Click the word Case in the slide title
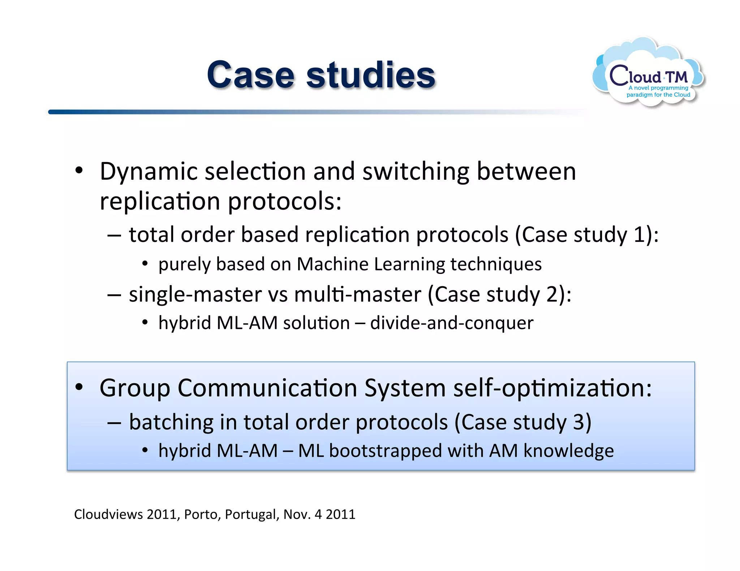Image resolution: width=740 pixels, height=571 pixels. (250, 75)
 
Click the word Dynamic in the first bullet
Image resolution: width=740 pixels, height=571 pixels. (149, 171)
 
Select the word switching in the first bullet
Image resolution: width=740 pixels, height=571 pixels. (416, 171)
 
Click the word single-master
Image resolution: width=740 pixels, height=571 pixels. (195, 294)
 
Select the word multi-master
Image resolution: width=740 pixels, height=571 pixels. (358, 294)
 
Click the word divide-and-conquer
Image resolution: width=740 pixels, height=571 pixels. (452, 323)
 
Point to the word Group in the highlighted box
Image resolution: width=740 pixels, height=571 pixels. (135, 389)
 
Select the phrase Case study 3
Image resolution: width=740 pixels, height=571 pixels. (522, 422)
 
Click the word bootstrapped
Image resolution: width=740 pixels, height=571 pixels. (386, 451)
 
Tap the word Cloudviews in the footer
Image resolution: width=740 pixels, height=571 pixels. (108, 514)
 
